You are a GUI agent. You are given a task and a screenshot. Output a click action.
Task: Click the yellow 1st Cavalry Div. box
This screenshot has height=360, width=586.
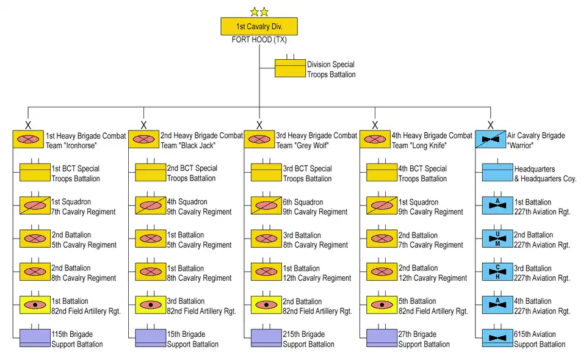[259, 26]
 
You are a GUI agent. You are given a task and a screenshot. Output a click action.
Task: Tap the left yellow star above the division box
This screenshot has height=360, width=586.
[254, 12]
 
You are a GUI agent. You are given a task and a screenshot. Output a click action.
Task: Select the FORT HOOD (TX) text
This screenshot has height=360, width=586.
[259, 40]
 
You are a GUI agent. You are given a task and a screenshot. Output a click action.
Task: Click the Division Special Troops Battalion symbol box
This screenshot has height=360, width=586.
[290, 68]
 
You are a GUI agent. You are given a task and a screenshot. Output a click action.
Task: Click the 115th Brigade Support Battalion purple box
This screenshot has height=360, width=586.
[35, 338]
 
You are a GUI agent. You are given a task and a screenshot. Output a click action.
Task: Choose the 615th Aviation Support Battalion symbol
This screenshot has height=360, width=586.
[497, 338]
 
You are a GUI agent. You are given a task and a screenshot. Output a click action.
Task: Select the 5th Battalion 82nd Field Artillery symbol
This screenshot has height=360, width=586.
[382, 305]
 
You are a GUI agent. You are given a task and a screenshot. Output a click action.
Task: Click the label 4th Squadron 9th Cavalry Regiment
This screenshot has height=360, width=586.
[199, 207]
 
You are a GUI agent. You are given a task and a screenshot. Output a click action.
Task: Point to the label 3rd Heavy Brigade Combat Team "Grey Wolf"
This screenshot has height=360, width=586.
[316, 140]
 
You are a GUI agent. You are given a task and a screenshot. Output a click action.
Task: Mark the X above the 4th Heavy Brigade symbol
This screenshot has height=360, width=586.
[375, 125]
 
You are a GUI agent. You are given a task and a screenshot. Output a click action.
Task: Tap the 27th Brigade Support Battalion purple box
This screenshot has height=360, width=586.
[382, 338]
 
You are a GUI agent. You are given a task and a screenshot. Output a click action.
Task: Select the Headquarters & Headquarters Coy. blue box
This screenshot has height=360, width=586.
[497, 172]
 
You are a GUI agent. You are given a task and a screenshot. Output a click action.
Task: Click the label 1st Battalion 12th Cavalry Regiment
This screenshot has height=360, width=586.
[317, 273]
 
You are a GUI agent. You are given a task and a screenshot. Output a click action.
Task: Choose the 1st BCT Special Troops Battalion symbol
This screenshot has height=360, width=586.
[35, 173]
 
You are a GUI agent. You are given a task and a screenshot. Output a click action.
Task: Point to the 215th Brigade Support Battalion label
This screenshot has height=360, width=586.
[308, 339]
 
